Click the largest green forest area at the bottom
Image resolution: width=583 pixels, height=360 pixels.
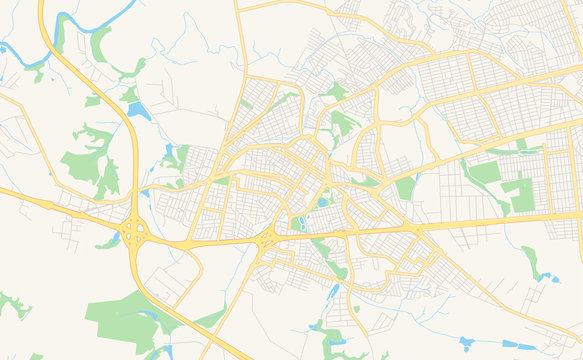(x=130, y=318)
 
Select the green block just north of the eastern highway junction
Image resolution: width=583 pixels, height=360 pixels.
(x=405, y=187)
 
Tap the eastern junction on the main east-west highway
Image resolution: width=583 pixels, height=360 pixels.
(x=416, y=229)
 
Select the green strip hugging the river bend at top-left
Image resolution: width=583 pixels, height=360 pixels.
(x=99, y=45)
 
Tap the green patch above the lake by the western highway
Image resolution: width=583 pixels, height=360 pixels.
(x=130, y=93)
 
